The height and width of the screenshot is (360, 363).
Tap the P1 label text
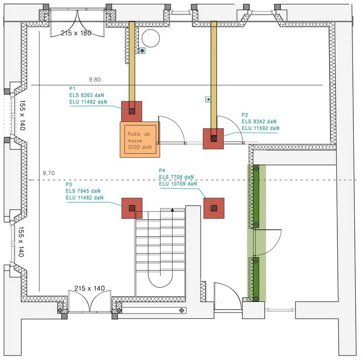tap(72, 89)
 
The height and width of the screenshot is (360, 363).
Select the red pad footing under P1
tap(132, 111)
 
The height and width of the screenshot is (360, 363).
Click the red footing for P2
tap(213, 138)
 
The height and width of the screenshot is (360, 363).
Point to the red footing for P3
tap(132, 208)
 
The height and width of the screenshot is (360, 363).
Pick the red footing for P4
tap(213, 208)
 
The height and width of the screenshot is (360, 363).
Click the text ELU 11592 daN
tap(260, 128)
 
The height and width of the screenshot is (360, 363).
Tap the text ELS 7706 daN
tap(177, 177)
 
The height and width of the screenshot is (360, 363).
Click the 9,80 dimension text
tap(96, 79)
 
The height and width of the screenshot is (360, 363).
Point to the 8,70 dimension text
tap(49, 173)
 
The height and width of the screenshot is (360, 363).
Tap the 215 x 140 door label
tap(89, 288)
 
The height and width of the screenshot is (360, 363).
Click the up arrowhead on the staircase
tap(172, 210)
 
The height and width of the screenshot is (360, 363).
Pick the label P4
tap(162, 171)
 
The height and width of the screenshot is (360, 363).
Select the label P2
tap(244, 115)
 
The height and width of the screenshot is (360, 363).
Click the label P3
tap(69, 185)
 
